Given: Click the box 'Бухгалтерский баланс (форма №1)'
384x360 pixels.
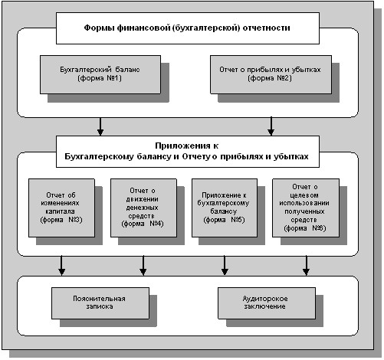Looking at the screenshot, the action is coord(100,74).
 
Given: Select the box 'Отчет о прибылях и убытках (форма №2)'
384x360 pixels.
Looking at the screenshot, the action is coord(271,74).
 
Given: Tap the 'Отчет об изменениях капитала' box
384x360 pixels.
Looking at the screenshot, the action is coord(61,208).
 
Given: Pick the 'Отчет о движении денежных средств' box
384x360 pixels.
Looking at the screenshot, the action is coord(143,208).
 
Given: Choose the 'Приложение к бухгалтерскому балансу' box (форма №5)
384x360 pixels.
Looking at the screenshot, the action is coord(225,208).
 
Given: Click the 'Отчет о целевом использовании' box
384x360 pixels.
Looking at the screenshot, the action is coord(306,208).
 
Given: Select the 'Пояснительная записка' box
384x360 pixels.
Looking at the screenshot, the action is coord(100,303).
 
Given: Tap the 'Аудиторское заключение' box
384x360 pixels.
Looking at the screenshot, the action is coord(267,303).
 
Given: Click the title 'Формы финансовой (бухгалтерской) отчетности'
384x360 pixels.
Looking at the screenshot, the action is coord(187,28).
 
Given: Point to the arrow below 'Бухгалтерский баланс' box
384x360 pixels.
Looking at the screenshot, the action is coord(100,126).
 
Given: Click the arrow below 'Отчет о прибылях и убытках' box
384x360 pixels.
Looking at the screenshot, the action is coord(271,126).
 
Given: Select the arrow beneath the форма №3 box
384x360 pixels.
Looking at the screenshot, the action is coord(61,266).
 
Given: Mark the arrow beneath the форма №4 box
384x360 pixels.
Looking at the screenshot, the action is coord(143,266).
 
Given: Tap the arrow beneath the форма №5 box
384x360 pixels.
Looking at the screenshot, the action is coord(225,266).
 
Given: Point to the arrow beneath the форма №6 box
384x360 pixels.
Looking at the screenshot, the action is coord(306,266).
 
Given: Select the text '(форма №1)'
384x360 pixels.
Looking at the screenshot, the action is coord(100,78).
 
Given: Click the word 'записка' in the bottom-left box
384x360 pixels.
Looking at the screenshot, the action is coord(100,306).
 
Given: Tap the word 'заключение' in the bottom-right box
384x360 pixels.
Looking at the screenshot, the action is coord(264,306).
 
